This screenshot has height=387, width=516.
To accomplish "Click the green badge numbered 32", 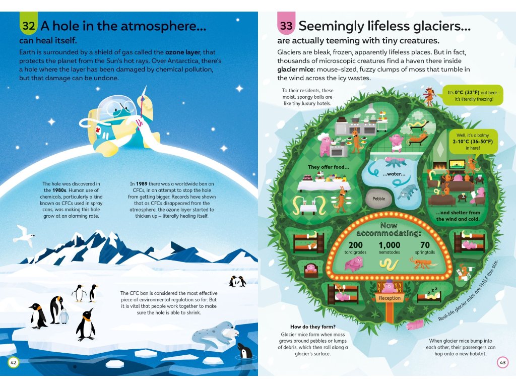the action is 29,25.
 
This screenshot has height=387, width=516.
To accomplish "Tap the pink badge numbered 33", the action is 286,25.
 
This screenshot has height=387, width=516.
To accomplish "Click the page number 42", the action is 14,362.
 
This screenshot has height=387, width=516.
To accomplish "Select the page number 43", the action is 502,362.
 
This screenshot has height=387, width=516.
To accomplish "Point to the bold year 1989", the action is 142,184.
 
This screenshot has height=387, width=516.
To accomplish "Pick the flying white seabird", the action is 24,235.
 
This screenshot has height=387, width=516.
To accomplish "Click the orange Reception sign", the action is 390,298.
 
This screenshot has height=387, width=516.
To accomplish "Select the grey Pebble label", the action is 378,199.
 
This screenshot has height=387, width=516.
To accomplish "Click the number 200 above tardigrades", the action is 356,245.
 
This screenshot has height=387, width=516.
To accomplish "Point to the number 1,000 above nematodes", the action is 389,245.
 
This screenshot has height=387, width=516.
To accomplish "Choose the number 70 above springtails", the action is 425,245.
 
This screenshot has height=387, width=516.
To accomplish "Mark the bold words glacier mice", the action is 296,69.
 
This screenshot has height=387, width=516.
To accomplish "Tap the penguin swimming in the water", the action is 245,351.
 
